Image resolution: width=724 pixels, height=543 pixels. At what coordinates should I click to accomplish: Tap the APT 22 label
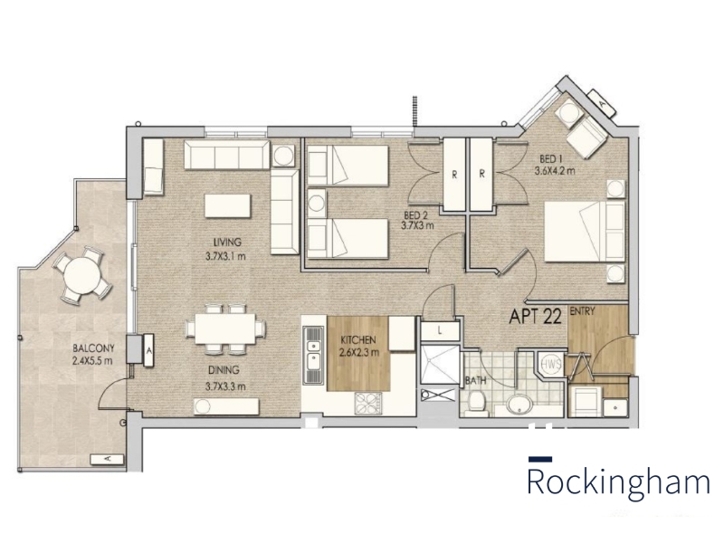(535, 316)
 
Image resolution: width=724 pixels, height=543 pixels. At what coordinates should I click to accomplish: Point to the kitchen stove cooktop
(368, 404)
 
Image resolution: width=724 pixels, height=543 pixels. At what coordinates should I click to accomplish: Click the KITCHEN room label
(358, 340)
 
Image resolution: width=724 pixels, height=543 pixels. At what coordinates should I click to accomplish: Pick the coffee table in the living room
(228, 205)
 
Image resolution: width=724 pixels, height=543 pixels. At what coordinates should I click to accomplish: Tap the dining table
(224, 329)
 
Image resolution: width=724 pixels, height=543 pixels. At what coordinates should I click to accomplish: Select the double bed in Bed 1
(585, 232)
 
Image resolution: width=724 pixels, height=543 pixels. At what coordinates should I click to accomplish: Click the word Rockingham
(619, 482)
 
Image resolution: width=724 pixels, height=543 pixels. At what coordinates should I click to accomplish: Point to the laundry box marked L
(440, 330)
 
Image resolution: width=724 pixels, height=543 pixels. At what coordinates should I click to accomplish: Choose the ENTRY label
(582, 311)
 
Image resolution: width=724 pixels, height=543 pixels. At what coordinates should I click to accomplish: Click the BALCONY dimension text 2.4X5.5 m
(92, 360)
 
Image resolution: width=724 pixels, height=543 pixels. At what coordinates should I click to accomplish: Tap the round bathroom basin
(519, 405)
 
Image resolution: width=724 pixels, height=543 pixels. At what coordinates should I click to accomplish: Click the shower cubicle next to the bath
(440, 365)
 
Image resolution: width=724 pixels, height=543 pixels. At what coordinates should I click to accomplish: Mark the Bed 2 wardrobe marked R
(455, 175)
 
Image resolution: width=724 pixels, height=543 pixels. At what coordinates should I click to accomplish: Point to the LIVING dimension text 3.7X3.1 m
(225, 255)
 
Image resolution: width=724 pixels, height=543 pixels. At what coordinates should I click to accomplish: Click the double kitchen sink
(313, 355)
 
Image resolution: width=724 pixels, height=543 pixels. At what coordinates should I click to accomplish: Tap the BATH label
(476, 381)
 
